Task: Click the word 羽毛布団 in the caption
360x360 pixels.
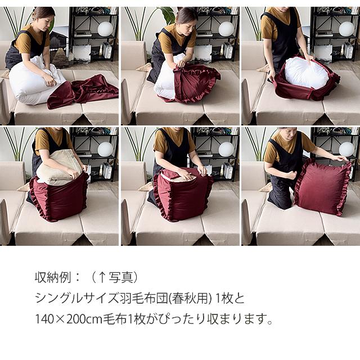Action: tap(139, 298)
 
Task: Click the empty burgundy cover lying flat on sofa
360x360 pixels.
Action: tap(84, 90)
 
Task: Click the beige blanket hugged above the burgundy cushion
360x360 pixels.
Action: tap(59, 168)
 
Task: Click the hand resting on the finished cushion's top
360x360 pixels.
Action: tap(342, 159)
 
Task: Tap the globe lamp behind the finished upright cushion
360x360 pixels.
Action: tap(346, 148)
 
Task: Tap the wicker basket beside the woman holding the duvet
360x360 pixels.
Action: tap(60, 57)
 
